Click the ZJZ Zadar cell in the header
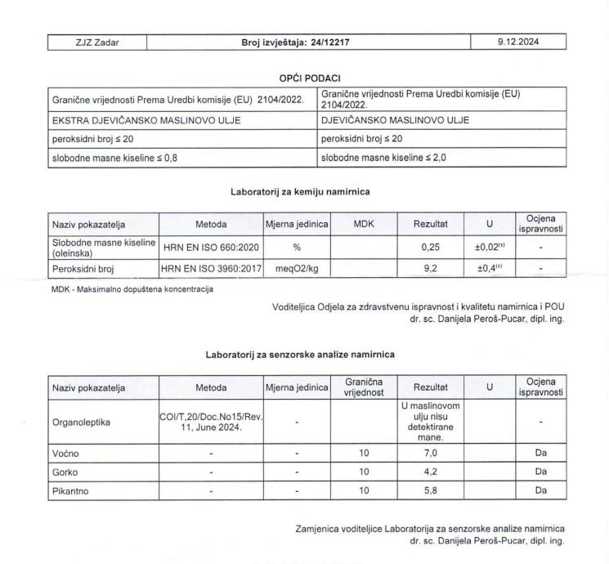tap(95, 41)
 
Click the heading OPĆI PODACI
tap(307, 78)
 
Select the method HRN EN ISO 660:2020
tap(211, 248)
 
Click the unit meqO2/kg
tap(296, 266)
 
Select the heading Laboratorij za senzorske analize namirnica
tap(306, 354)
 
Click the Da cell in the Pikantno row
tap(541, 491)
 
